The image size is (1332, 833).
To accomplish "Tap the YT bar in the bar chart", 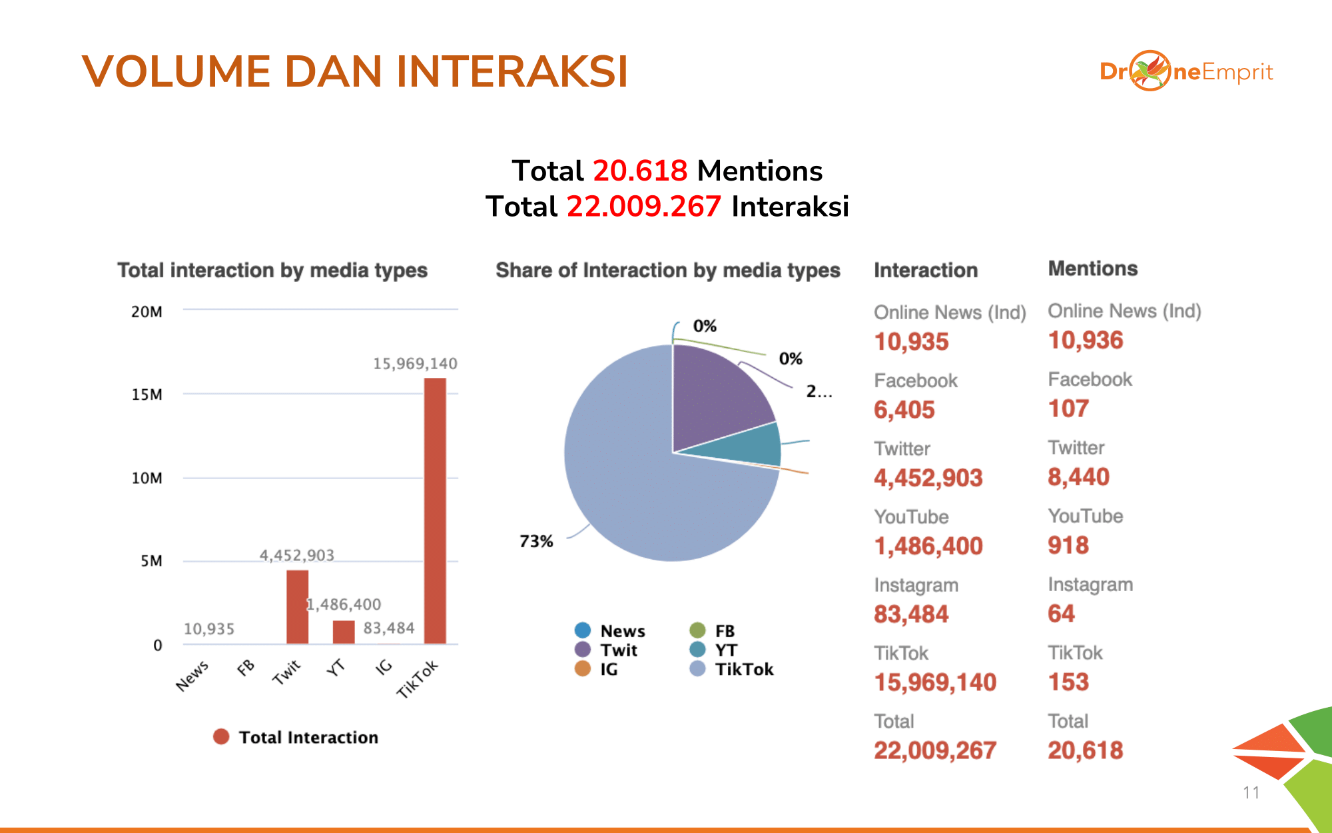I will (344, 632).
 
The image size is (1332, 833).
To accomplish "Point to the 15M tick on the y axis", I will (147, 395).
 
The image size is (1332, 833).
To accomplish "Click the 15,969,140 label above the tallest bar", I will (415, 364).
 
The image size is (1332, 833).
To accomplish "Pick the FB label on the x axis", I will (246, 667).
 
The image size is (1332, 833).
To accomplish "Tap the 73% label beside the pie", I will (536, 541).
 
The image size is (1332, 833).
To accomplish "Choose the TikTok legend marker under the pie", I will (697, 669).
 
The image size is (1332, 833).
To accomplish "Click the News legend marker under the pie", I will (583, 630).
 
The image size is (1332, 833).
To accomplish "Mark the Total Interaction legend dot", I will (221, 737).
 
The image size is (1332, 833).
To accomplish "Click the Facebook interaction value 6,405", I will (904, 410).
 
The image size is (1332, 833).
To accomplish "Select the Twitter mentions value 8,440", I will (1078, 477).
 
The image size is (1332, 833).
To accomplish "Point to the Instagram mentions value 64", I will (1061, 614).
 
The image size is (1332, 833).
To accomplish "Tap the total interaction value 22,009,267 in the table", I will (935, 751).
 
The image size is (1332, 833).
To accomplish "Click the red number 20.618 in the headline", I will (639, 171).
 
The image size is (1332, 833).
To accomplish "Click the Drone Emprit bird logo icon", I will (1150, 71).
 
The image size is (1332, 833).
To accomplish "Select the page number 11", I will (1251, 792).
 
